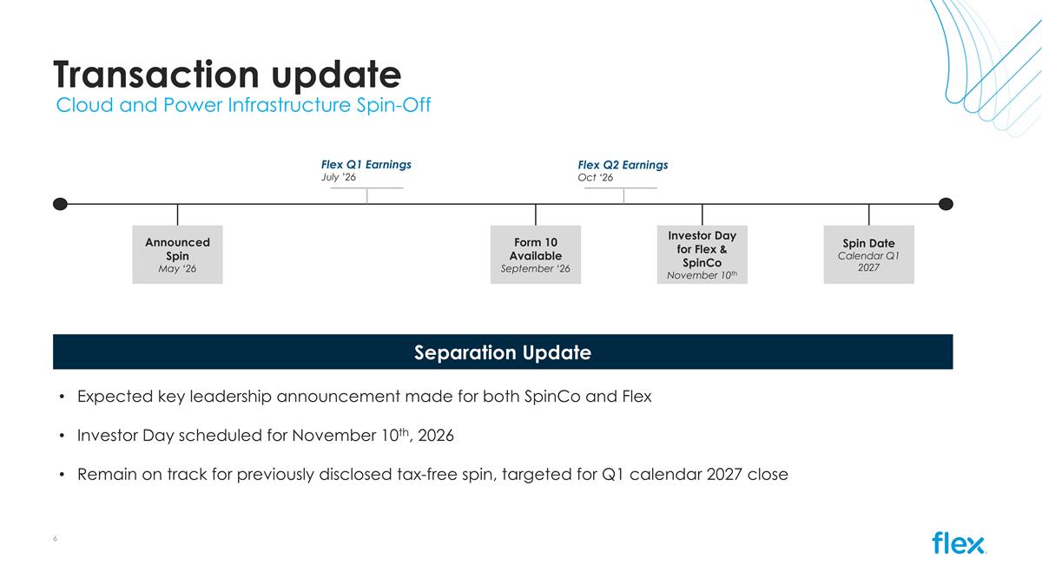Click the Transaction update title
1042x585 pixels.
(x=227, y=75)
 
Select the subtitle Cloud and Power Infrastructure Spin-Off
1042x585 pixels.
(x=243, y=105)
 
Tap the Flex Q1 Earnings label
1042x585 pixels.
(x=366, y=165)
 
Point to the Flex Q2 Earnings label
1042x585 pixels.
(x=623, y=165)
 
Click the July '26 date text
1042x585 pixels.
(x=338, y=177)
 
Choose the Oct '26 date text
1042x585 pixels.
(x=596, y=178)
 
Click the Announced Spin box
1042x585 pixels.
(x=177, y=254)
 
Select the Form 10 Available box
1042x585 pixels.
(x=536, y=254)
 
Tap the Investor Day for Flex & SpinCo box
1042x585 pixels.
(x=702, y=254)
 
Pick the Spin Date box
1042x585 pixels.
(x=868, y=254)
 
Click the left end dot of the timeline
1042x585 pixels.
(x=60, y=204)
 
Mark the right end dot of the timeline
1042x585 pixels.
(x=946, y=204)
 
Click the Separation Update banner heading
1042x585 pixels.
(x=503, y=352)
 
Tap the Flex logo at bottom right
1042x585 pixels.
(x=959, y=542)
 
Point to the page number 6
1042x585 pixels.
(x=55, y=538)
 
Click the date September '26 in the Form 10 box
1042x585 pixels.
(x=536, y=269)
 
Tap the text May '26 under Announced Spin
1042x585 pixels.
(x=177, y=269)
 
